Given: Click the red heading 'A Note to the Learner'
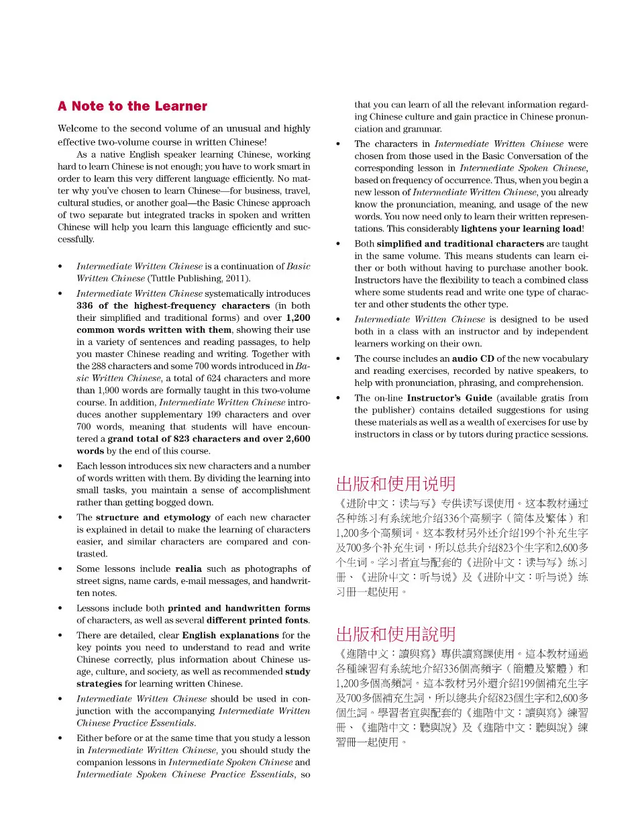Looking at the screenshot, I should click(x=132, y=106).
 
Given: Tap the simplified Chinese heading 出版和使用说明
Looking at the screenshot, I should click(x=396, y=484).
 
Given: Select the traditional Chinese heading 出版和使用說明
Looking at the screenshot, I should click(x=396, y=634).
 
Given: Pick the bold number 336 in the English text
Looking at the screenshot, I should click(x=85, y=305).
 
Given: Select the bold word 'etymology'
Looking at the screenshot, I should click(x=187, y=518).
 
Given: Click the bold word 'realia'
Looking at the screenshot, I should click(x=189, y=569).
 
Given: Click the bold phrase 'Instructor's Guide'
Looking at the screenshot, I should click(x=449, y=398).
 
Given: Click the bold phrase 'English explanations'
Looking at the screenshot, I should click(x=230, y=635).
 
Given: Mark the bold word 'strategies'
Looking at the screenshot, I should click(x=99, y=683).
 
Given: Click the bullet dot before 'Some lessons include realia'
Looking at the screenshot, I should click(x=60, y=569).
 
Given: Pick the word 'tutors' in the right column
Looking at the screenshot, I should click(x=470, y=434).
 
